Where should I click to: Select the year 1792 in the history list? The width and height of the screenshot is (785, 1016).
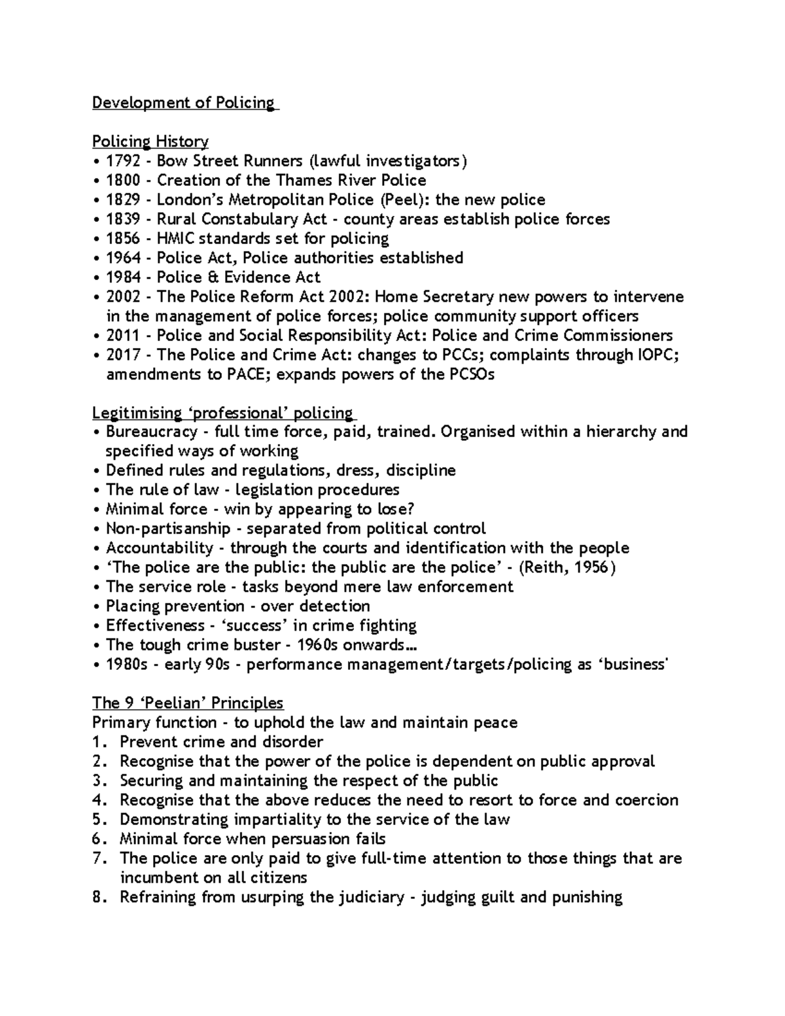pos(122,161)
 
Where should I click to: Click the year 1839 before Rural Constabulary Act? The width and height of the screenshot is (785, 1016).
pos(122,219)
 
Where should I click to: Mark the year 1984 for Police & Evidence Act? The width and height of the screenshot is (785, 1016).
pos(122,277)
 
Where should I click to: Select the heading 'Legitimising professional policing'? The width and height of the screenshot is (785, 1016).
pos(222,413)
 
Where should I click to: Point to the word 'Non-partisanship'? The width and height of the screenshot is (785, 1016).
pos(168,529)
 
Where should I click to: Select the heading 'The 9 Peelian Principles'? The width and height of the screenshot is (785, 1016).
pos(188,703)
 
